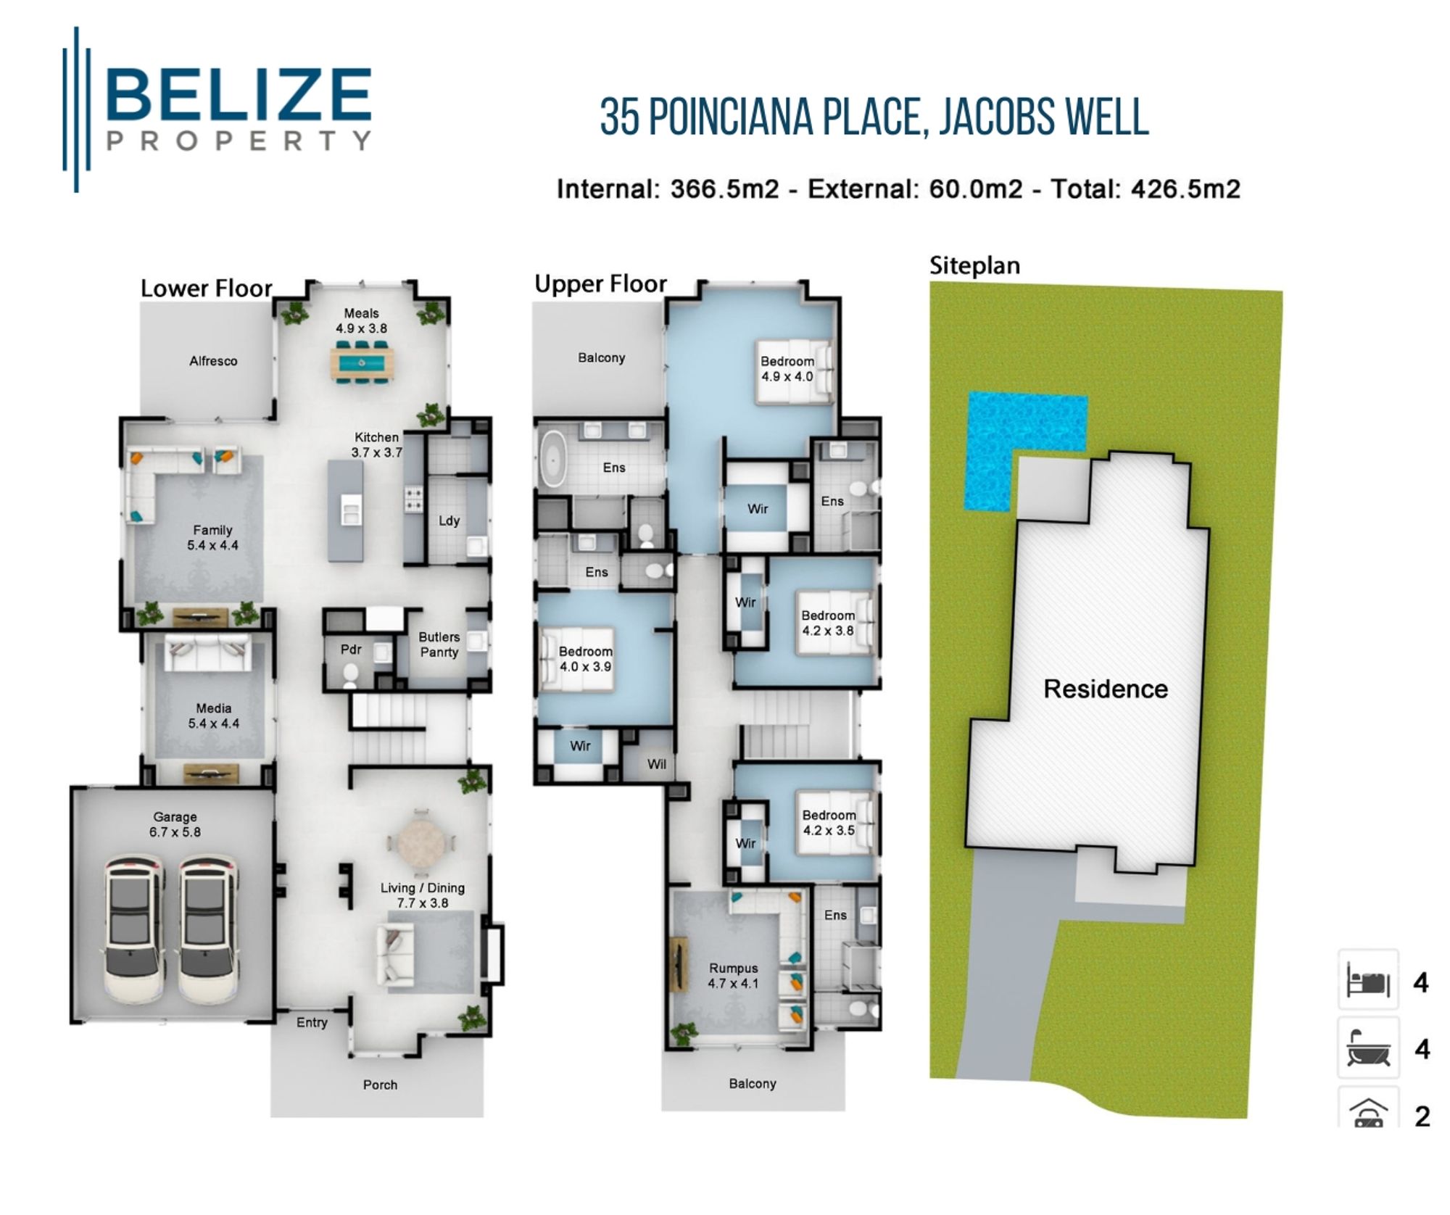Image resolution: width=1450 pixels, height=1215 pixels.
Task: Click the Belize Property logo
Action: click(x=217, y=109)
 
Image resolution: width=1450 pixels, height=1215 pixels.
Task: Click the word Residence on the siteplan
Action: click(x=1105, y=689)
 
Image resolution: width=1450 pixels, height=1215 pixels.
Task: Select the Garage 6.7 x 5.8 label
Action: click(x=175, y=824)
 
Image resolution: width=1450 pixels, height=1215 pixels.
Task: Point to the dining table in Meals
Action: click(x=361, y=362)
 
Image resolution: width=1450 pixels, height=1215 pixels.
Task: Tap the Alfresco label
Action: click(x=213, y=361)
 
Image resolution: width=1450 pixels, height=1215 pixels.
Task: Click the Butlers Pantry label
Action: click(x=439, y=644)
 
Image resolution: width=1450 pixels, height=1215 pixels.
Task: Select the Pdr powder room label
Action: click(x=351, y=650)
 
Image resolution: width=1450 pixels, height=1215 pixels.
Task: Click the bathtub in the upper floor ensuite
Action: click(x=554, y=460)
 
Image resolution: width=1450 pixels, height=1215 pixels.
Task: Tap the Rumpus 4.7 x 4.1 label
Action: click(x=733, y=976)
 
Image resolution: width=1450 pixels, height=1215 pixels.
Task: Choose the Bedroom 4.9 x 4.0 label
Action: click(x=787, y=368)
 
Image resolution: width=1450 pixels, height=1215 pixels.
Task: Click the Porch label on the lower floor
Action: click(x=380, y=1085)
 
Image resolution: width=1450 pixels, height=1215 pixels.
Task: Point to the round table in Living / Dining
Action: click(x=422, y=843)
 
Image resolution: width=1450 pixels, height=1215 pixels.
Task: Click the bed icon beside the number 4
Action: click(x=1367, y=980)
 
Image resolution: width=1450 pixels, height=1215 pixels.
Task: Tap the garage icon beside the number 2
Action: click(x=1367, y=1111)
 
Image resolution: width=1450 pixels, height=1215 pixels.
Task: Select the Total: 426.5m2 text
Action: click(x=1145, y=189)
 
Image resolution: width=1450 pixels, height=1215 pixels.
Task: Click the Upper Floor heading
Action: click(x=600, y=284)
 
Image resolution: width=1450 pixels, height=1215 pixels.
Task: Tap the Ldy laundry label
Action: click(x=449, y=521)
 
